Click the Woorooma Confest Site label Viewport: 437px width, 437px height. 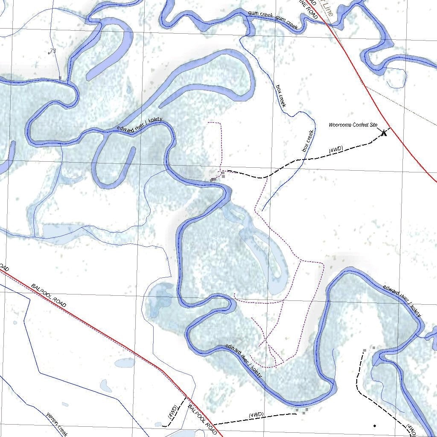click(x=353, y=125)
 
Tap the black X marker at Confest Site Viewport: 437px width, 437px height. click(x=384, y=133)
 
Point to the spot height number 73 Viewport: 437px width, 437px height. click(x=53, y=51)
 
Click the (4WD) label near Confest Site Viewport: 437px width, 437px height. click(x=336, y=149)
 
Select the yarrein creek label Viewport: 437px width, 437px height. click(x=57, y=424)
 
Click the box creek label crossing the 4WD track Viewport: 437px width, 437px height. click(x=308, y=141)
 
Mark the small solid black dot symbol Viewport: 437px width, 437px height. click(x=375, y=425)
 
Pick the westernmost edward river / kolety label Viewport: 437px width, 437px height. click(x=140, y=125)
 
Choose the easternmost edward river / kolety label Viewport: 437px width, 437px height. click(x=402, y=300)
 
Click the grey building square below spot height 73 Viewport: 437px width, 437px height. click(x=61, y=78)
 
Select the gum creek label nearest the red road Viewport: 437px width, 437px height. click(x=286, y=22)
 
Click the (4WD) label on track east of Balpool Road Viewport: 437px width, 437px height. click(x=256, y=415)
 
